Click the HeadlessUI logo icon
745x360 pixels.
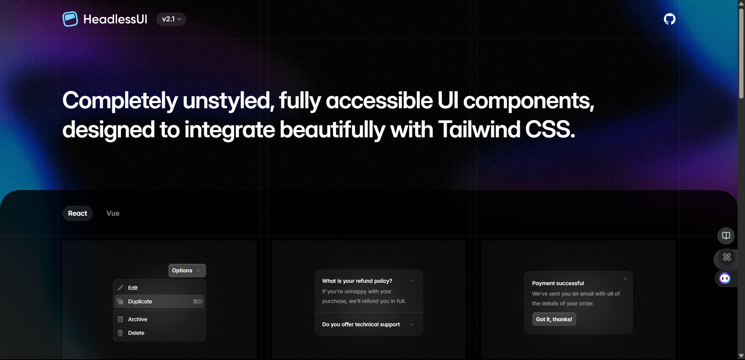point(70,19)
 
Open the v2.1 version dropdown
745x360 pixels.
point(171,19)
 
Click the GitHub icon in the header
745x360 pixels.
point(669,19)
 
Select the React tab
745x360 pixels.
point(78,213)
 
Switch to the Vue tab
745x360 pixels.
point(113,213)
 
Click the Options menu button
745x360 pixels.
point(187,270)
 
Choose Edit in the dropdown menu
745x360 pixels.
point(133,288)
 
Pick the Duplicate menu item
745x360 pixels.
point(140,301)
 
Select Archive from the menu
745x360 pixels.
point(138,319)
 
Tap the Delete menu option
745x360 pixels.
point(136,333)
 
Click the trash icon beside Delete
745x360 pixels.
point(120,333)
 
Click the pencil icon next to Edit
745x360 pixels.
point(120,288)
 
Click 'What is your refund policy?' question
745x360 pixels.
point(357,281)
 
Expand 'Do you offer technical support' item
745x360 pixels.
point(361,324)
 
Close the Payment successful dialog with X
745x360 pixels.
point(625,279)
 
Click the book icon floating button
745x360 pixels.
point(726,235)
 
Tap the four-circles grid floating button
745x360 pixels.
point(727,257)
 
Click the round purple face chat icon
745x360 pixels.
point(725,279)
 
